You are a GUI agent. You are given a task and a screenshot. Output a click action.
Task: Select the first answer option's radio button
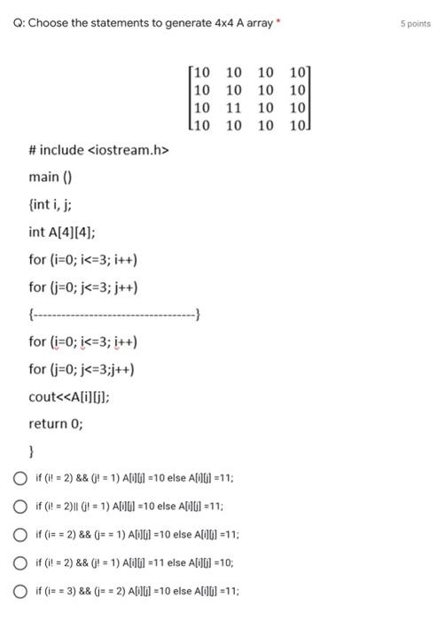tap(19, 478)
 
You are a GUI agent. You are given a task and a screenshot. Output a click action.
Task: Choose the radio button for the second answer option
tap(19, 507)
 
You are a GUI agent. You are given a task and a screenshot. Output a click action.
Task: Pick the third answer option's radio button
tap(19, 535)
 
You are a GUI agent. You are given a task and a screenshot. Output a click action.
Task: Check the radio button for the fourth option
tap(19, 562)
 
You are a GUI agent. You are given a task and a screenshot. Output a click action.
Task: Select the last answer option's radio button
tap(19, 591)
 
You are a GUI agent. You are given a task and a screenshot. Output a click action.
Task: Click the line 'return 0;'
tap(56, 423)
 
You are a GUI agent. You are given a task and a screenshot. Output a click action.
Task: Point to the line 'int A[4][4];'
tap(61, 232)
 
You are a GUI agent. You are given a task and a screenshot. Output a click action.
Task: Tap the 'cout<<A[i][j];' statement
tap(70, 397)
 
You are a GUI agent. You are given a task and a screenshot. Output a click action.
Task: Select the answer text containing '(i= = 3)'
tap(137, 591)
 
